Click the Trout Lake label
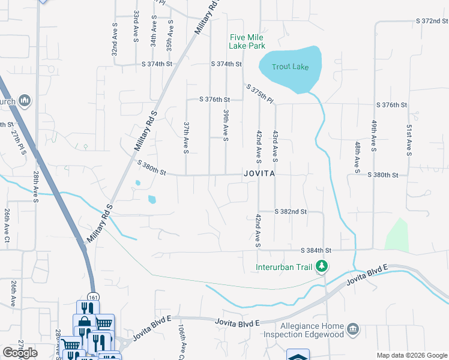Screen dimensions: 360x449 [x=290, y=67]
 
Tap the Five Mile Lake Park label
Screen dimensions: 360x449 [x=247, y=41]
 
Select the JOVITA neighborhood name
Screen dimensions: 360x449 [x=259, y=174]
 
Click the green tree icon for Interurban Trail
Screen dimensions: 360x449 [x=322, y=266]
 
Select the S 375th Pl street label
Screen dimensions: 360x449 [x=260, y=94]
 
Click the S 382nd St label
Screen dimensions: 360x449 [x=291, y=212]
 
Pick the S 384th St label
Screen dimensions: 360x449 [x=316, y=250]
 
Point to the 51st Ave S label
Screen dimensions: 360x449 [x=408, y=140]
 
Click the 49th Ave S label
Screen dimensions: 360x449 [x=373, y=135]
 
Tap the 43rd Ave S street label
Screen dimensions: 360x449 [x=275, y=146]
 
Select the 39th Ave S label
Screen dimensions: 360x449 [x=226, y=125]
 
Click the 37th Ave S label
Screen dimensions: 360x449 [x=186, y=137]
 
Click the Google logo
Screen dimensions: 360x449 [x=20, y=353]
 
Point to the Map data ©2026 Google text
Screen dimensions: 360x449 [x=412, y=355]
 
